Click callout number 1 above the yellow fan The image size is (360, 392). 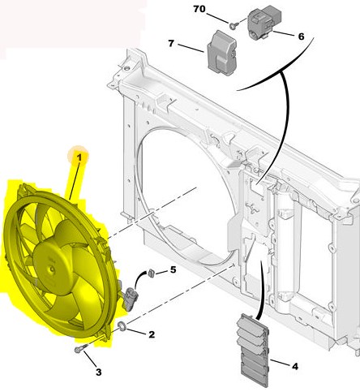coord(79,154)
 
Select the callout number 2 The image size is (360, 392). coord(151,334)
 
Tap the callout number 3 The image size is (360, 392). coord(98,373)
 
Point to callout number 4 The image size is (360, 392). coord(294,367)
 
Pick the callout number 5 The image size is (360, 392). coord(172,271)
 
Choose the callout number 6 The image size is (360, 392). coord(300,37)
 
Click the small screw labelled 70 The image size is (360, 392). coord(231,25)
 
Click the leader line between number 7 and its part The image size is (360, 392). coord(191,46)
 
